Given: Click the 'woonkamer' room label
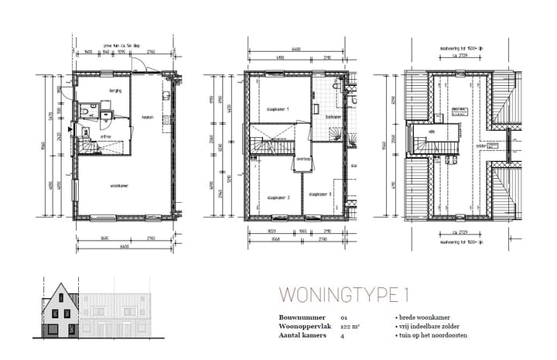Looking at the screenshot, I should pyautogui.click(x=119, y=186).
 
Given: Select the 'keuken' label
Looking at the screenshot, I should pyautogui.click(x=147, y=118).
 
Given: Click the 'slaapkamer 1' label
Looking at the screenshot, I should pyautogui.click(x=276, y=109).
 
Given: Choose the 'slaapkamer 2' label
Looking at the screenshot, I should pyautogui.click(x=278, y=198).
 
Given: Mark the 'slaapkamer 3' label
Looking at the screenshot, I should pyautogui.click(x=320, y=194).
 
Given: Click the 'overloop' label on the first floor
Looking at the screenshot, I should pyautogui.click(x=303, y=159).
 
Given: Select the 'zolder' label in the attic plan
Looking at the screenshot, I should pyautogui.click(x=480, y=145).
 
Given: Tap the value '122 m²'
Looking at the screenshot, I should pyautogui.click(x=352, y=327).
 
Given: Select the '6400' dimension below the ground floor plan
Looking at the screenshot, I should pyautogui.click(x=125, y=245).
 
